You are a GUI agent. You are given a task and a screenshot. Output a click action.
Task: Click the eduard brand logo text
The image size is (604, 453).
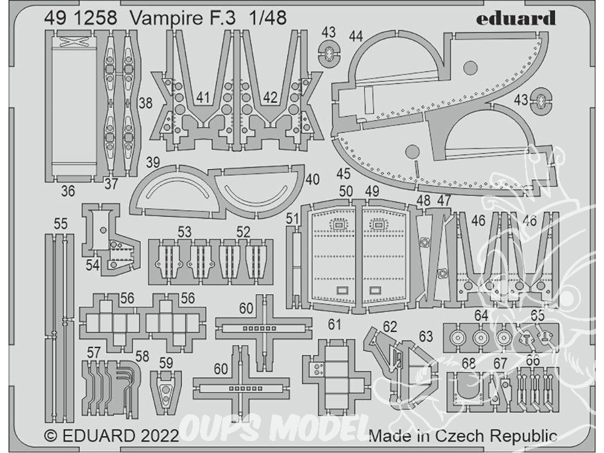coord(515,18)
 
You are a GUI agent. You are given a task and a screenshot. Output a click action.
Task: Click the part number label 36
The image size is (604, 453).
coord(68,191)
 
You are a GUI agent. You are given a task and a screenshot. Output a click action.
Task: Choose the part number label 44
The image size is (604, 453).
coord(356,37)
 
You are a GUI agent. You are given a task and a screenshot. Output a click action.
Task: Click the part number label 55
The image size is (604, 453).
coord(60,224)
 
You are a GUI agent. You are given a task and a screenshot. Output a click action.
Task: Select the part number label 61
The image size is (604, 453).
coord(335,325)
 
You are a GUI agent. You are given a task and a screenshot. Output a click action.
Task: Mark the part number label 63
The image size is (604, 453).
coord(426,336)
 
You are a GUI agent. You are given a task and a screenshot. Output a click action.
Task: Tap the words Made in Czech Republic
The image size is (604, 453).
coord(463,436)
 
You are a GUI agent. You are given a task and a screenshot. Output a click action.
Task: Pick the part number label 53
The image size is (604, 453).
coord(184,231)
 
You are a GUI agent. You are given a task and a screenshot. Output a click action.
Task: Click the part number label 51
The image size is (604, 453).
coord(293,219)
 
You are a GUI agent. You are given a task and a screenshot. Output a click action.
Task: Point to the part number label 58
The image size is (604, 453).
coord(142,356)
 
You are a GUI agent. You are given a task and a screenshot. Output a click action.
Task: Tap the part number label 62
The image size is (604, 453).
coord(390,327)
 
